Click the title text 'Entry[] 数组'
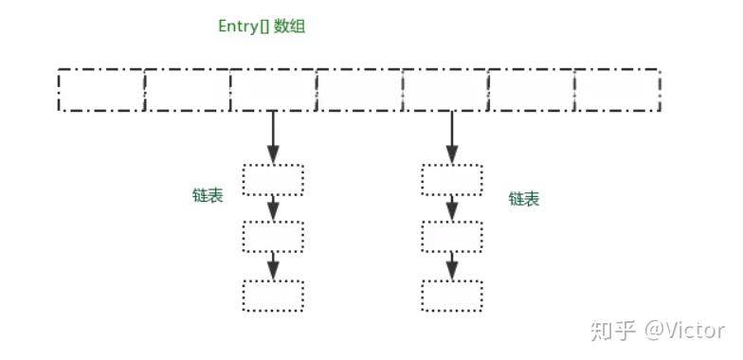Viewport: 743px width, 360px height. [262, 27]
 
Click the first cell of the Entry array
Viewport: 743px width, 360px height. [101, 90]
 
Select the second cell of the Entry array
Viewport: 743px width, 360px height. [188, 90]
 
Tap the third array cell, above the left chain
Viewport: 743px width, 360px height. [273, 90]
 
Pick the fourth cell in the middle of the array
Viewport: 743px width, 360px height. [359, 90]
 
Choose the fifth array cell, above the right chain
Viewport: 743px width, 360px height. [445, 90]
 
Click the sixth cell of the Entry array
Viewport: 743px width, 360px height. [532, 90]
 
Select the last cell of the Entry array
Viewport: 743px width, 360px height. [617, 90]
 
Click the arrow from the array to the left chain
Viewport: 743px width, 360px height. [273, 136]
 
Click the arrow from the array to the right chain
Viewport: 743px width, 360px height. [451, 136]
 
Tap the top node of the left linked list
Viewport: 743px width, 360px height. [273, 179]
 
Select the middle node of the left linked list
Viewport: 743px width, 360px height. [273, 237]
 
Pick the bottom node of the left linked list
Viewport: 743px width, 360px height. [273, 296]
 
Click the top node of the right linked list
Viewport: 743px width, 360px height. [451, 179]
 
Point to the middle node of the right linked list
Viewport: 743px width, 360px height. [451, 237]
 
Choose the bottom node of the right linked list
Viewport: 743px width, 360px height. [451, 296]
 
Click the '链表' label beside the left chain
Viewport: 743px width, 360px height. [208, 195]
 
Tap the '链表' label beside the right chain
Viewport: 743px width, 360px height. [524, 199]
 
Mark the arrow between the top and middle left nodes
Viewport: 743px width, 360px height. [273, 207]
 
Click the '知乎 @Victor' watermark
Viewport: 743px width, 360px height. [657, 331]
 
